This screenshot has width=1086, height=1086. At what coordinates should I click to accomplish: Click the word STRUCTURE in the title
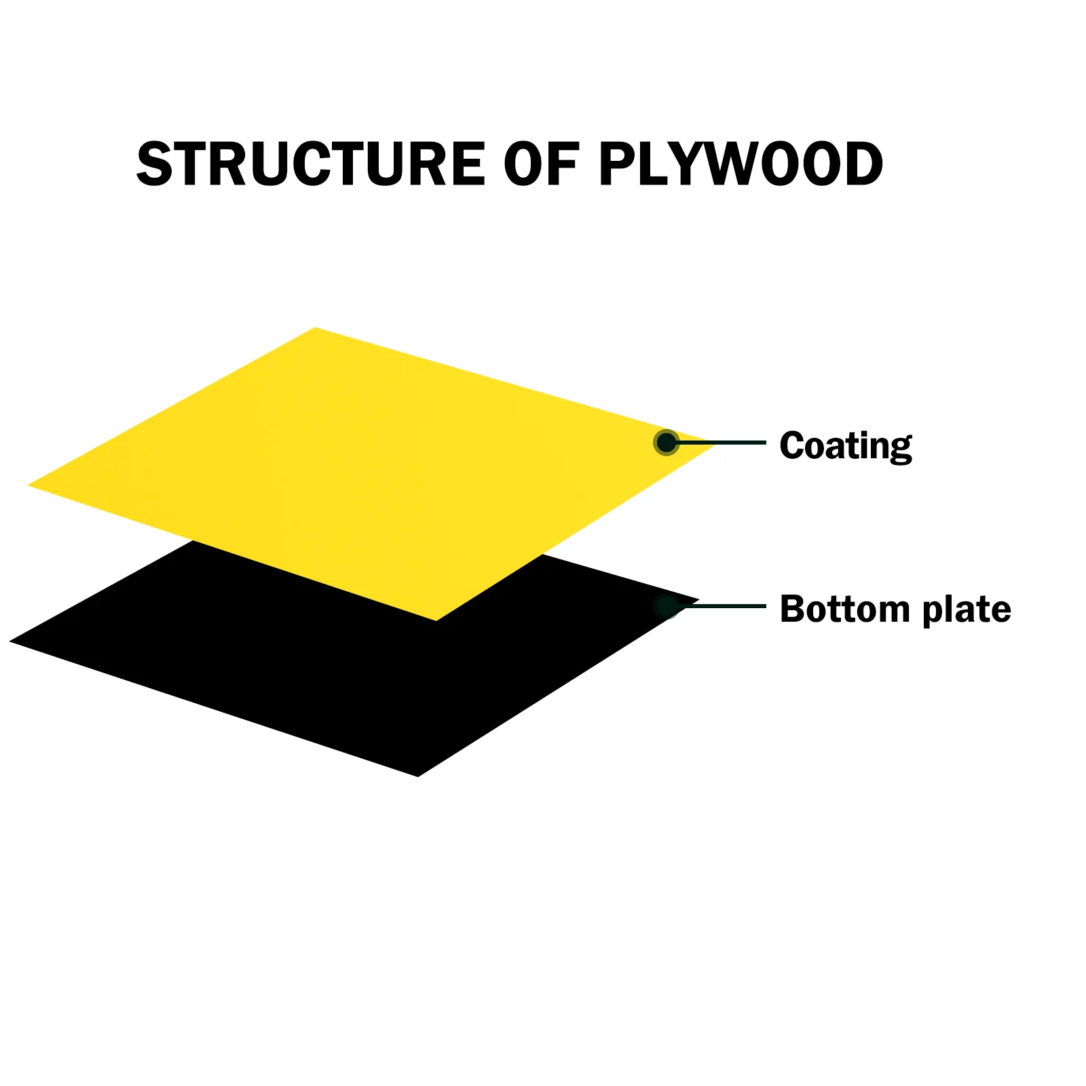pyautogui.click(x=311, y=164)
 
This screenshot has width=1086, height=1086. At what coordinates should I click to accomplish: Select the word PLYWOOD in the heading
pyautogui.click(x=741, y=164)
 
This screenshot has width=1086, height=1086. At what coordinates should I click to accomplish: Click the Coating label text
pyautogui.click(x=845, y=446)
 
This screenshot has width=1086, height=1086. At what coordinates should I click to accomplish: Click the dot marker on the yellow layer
pyautogui.click(x=667, y=443)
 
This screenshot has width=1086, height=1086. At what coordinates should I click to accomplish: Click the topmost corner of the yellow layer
pyautogui.click(x=316, y=329)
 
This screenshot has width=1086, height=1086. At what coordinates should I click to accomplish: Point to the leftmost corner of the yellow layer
pyautogui.click(x=29, y=485)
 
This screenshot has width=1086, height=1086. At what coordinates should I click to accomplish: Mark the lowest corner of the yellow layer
pyautogui.click(x=436, y=620)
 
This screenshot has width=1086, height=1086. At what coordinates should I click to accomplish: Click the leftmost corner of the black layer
pyautogui.click(x=11, y=641)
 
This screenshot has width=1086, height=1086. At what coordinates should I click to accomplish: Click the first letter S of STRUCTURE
pyautogui.click(x=155, y=164)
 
